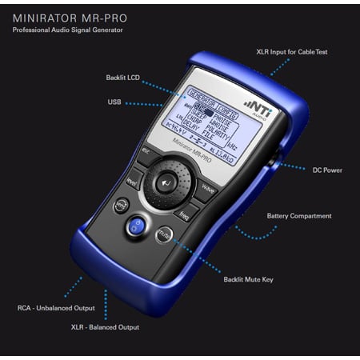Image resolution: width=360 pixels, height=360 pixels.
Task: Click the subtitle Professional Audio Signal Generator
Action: [x=62, y=30]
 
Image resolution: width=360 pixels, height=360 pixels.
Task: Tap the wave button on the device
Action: [x=207, y=189]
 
